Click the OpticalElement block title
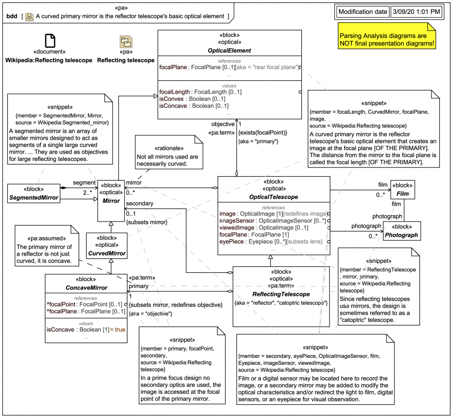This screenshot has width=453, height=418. coord(229,50)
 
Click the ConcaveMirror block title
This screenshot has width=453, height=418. coord(86,288)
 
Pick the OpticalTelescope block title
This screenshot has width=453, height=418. coord(273,196)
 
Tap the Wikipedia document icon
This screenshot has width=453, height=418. coord(50,42)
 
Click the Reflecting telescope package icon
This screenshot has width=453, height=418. coord(126,42)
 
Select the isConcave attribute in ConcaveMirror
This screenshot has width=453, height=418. coord(82,329)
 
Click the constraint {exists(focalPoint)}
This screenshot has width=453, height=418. coord(262,132)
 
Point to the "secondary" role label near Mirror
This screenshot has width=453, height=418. coord(140,203)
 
